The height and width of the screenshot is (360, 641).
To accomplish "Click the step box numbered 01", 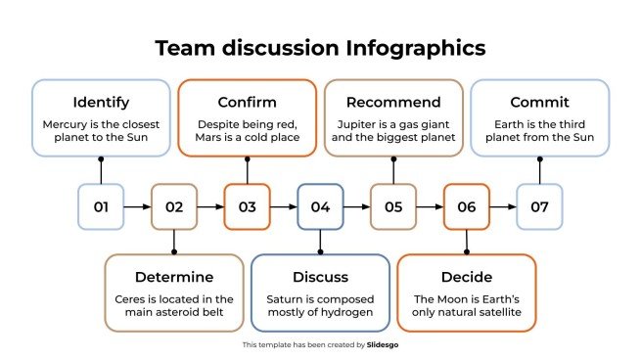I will pos(101,206).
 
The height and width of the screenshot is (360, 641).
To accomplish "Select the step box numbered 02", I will pos(174,206).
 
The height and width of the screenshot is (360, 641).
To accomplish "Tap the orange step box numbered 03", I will pos(247,206).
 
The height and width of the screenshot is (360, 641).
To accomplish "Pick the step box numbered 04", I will pos(320,206).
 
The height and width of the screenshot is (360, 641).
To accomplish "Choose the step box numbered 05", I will pos(393,206).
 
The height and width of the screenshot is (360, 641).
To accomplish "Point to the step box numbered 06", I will pos(467,206).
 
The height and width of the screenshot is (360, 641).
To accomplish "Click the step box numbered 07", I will pos(539,206).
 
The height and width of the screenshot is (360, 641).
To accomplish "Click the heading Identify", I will pos(101,102).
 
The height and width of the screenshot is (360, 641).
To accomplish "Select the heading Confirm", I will pos(247,102).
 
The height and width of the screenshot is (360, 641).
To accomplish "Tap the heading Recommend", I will pos(393,102).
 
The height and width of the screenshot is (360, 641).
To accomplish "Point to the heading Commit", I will pos(539,102).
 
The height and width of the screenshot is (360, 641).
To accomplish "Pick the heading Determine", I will pos(173,277).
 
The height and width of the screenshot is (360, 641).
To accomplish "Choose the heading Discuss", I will pos(320,277).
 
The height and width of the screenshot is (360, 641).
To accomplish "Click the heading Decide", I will pos(467,277).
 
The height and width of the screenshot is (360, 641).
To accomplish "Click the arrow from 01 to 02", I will pos(137,206).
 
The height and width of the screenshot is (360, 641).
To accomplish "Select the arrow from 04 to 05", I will pos(356,206).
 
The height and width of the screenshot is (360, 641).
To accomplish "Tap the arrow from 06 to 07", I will pos(503,206).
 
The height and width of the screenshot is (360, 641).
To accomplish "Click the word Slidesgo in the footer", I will pos(382,344).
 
